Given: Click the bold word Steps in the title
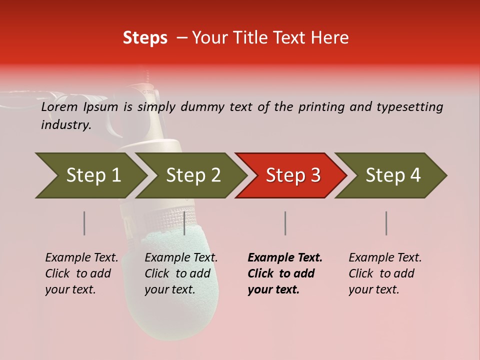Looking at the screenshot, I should pos(145,38).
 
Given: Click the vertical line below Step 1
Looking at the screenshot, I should pos(84,223).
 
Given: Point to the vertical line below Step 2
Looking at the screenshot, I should pos(184,223).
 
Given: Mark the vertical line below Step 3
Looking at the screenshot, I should pos(285,223).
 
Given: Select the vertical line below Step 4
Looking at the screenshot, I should pos(386,223).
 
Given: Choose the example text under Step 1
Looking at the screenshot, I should pos(81,273).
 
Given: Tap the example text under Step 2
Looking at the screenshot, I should pos(180,273).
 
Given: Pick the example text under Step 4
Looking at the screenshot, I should pos(384,273).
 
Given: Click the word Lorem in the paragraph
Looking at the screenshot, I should pos(59,107).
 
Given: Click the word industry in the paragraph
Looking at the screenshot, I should pos(65,125).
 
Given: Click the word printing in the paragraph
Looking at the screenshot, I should pos(321,107).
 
